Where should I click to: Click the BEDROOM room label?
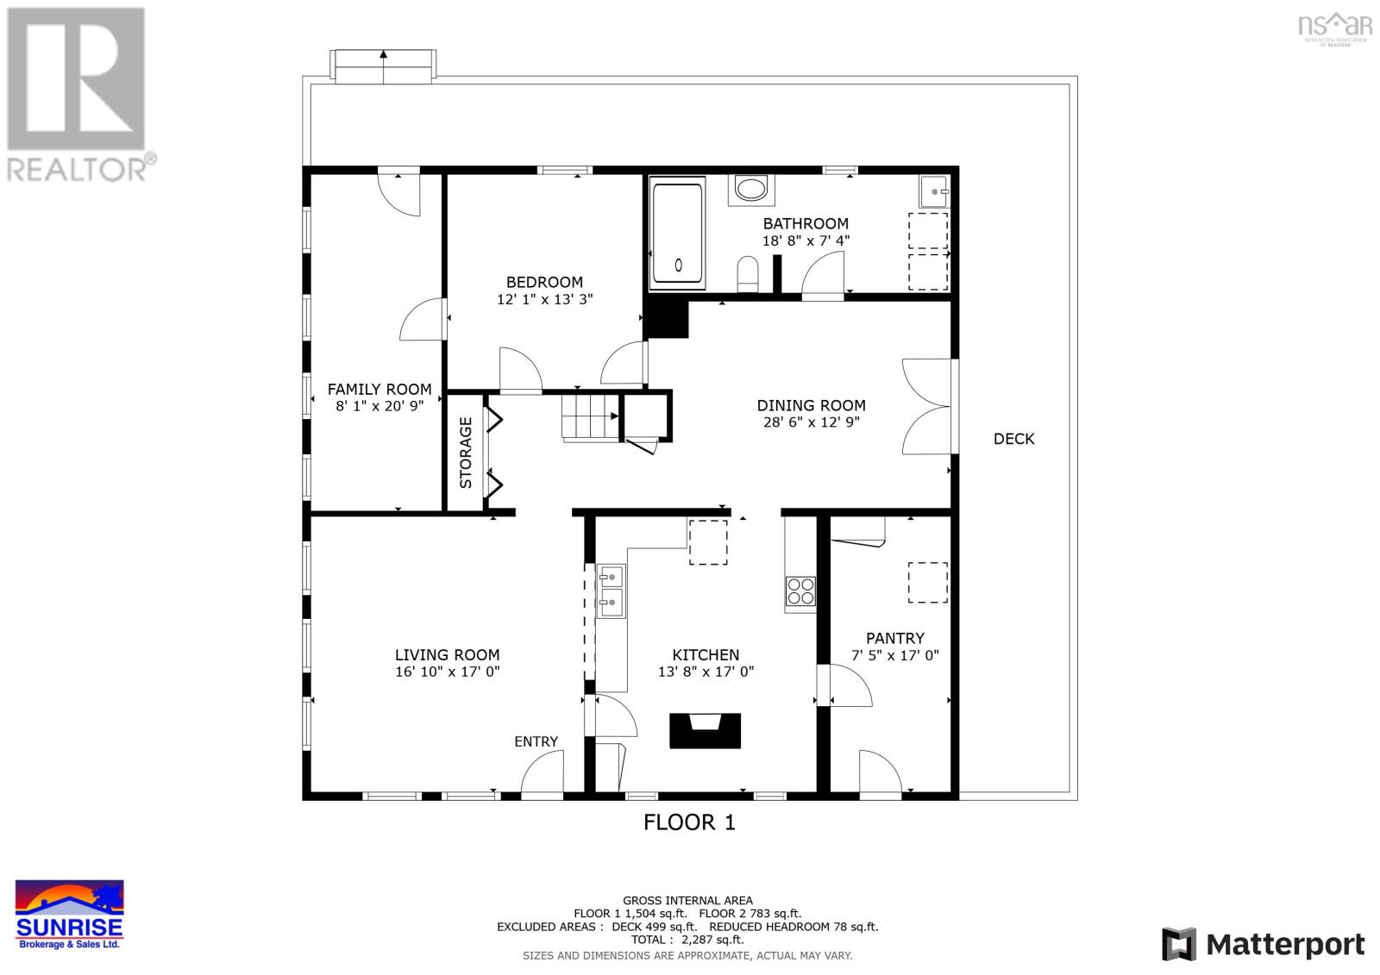544,282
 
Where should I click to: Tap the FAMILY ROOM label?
379,390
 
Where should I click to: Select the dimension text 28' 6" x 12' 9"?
811,422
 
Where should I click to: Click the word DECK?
1013,439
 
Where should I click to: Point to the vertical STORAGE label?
466,453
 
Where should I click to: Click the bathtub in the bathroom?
678,233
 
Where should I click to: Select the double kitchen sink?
612,591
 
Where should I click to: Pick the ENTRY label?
536,741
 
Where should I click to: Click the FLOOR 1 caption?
689,822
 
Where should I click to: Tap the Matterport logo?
1264,945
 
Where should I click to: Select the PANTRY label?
894,638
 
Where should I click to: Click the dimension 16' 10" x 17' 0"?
448,672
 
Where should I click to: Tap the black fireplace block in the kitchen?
706,730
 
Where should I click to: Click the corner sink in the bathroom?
934,191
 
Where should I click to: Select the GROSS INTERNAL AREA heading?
687,901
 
